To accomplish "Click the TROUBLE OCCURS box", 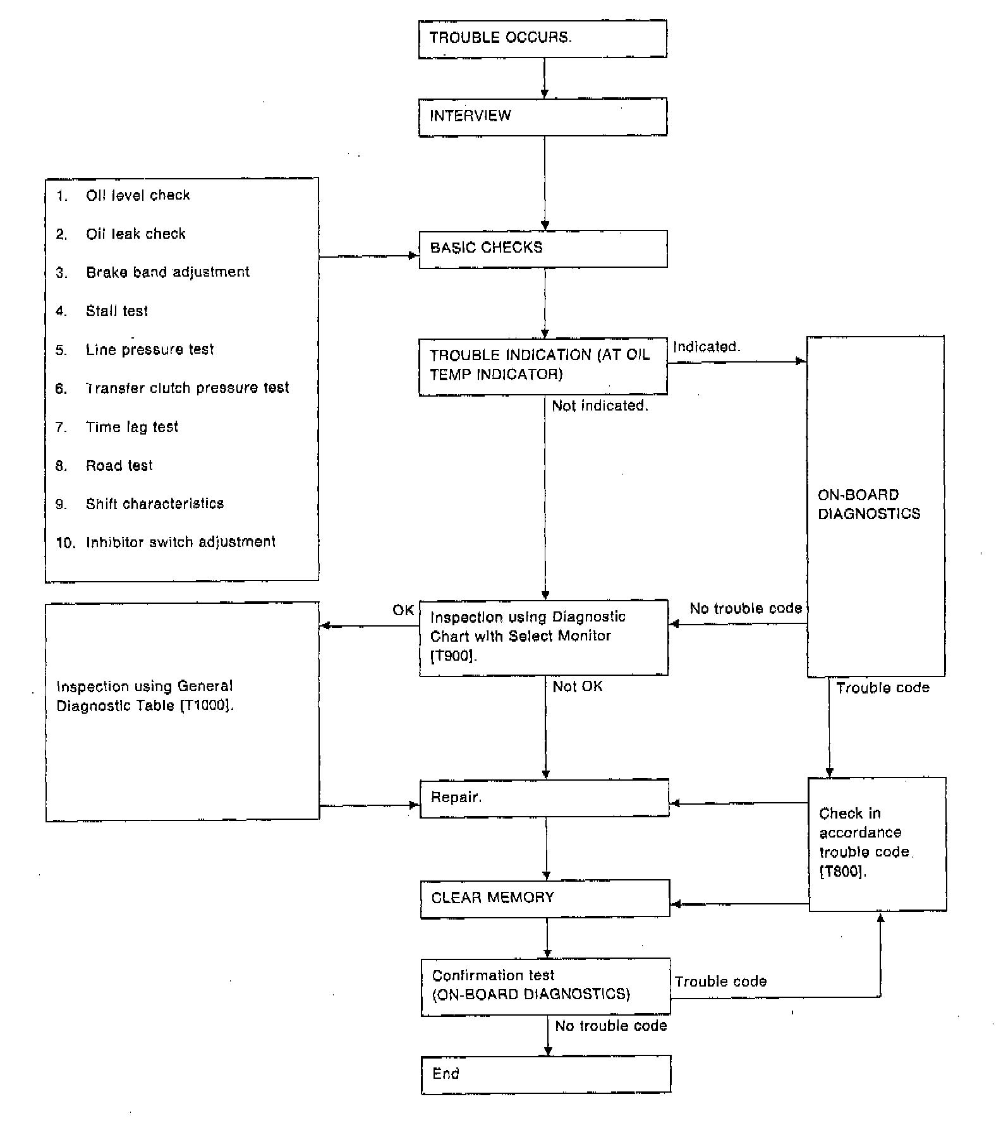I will tap(542, 39).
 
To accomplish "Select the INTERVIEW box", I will tap(542, 117).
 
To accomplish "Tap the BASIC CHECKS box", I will tap(543, 249).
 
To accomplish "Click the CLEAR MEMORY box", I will tap(545, 898).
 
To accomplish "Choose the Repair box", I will tap(544, 798).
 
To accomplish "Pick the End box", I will tap(546, 1074).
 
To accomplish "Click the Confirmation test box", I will tap(545, 986).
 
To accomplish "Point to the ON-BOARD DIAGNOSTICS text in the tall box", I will tap(868, 504).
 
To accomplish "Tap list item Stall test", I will tap(117, 311).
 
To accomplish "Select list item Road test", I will tap(119, 466).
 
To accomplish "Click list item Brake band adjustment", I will tap(167, 272).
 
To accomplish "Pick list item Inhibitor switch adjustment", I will tap(181, 542).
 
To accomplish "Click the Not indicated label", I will tap(600, 406).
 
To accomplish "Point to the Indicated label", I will tap(706, 347).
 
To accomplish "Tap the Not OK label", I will tap(577, 687).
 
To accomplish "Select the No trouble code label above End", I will tap(610, 1026).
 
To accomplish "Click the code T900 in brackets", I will tap(453, 656).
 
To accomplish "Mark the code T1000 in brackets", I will tap(207, 706).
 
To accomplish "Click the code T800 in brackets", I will tap(842, 872).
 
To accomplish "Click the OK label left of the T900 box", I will tap(403, 610).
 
